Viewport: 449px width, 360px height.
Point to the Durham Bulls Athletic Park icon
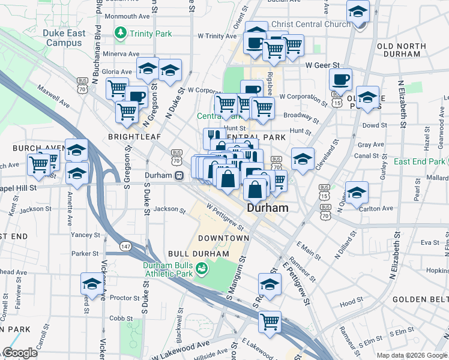pyautogui.click(x=202, y=268)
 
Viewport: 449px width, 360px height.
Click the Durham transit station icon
pyautogui.click(x=179, y=176)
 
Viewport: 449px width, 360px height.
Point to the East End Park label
pyautogui.click(x=420, y=161)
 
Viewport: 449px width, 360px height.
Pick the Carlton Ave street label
pyautogui.click(x=376, y=209)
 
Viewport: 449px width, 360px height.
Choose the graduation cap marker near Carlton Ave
pyautogui.click(x=357, y=192)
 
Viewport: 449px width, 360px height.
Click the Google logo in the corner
pyautogui.click(x=20, y=353)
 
